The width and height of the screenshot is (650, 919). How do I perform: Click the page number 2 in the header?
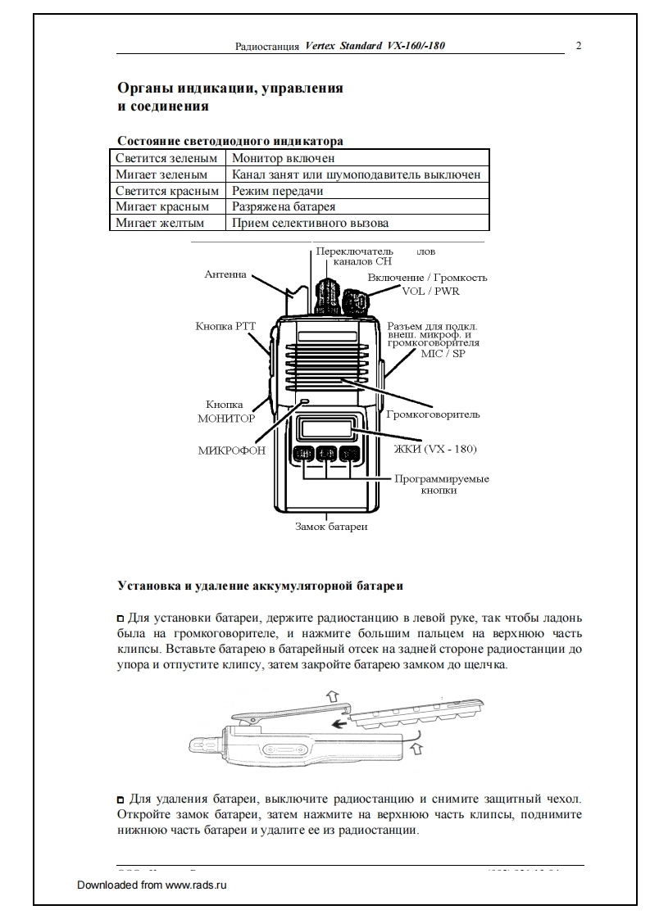579,46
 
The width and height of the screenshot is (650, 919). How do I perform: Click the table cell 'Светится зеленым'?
166,158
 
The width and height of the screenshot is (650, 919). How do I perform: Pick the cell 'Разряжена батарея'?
284,207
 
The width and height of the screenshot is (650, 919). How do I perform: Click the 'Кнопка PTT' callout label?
225,326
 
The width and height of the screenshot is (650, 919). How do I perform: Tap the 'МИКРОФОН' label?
232,450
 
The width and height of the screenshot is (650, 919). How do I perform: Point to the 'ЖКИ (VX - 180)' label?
435,449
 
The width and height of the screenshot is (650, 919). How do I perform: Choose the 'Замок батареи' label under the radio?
331,527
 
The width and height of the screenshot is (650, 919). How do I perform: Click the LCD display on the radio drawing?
326,428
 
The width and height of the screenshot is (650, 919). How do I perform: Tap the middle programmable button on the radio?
328,454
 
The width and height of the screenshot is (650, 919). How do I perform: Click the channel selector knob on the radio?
325,291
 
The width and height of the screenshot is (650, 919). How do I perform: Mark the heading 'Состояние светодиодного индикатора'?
230,141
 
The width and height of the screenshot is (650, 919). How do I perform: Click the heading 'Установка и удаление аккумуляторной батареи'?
260,586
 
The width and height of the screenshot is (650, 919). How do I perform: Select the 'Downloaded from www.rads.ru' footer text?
151,885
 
